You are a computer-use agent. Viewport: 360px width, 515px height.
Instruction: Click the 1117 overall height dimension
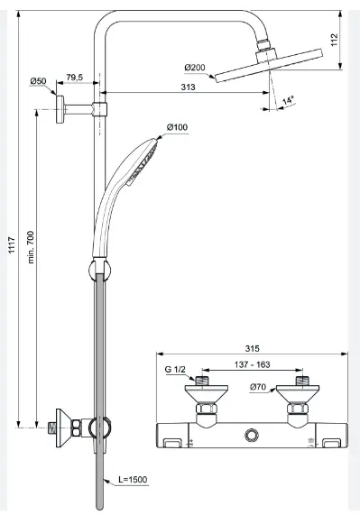12,245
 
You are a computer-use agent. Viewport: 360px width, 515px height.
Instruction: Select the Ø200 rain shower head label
195,68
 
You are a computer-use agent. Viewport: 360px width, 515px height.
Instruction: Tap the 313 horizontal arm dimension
188,87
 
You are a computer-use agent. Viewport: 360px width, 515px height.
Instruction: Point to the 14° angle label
288,100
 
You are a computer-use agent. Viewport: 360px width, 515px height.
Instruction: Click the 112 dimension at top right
335,40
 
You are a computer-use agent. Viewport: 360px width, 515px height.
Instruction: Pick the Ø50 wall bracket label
38,81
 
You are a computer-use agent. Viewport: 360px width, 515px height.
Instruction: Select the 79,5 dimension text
75,78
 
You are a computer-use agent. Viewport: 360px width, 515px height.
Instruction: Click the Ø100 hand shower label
177,127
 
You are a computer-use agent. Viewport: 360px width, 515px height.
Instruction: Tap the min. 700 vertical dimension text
31,247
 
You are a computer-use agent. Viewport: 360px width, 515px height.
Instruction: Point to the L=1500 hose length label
133,480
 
